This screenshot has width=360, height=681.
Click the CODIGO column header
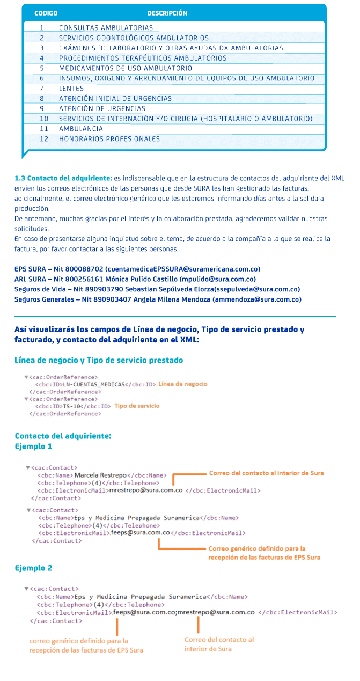tap(46, 13)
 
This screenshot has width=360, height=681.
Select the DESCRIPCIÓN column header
tap(167, 13)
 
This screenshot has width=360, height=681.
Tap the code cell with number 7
tap(41, 89)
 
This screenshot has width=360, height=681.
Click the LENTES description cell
tap(71, 89)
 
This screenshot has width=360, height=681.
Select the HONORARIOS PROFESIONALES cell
tap(109, 139)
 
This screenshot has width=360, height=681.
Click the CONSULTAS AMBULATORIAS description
tap(106, 27)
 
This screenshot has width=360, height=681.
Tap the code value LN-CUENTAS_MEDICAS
tap(93, 384)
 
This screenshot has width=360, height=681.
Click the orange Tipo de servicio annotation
tap(137, 406)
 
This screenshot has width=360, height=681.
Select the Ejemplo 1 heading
tap(33, 446)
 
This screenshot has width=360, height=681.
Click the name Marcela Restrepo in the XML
tap(100, 475)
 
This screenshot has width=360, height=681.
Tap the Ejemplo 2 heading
tap(33, 568)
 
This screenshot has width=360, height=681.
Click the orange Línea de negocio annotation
tap(183, 384)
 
